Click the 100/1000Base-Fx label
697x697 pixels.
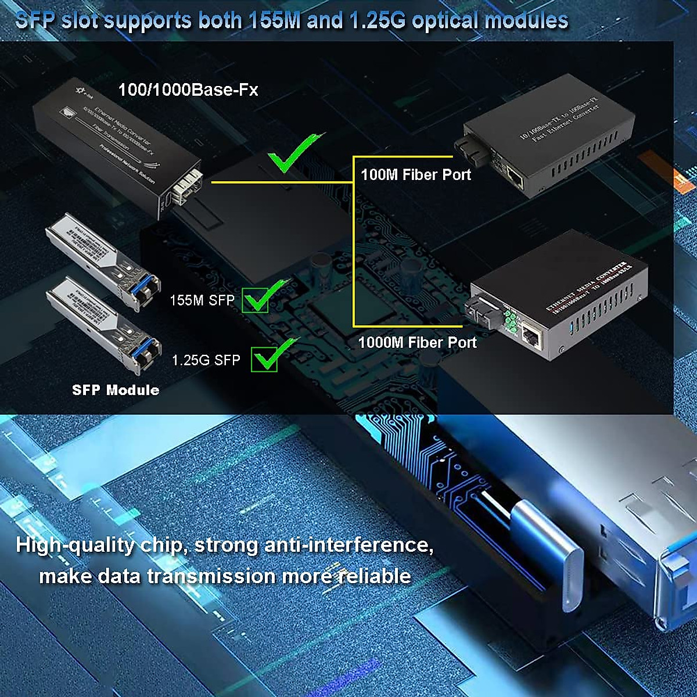(x=188, y=89)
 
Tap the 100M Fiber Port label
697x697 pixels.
(x=416, y=174)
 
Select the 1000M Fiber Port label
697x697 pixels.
(x=417, y=342)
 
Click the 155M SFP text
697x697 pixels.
(x=202, y=300)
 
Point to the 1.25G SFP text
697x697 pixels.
(x=206, y=360)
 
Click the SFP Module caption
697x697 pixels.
(x=116, y=390)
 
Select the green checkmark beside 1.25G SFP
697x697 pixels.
(x=270, y=355)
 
